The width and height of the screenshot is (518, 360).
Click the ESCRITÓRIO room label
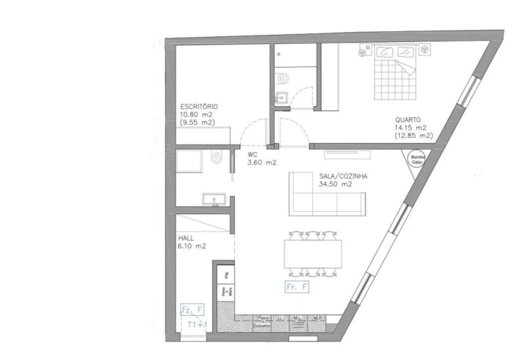(x=199, y=107)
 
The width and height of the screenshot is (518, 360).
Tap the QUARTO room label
(x=408, y=120)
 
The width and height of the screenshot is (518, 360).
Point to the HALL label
(x=185, y=238)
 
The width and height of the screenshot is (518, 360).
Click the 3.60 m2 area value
(x=262, y=162)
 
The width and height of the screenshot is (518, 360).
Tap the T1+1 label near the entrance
(x=196, y=324)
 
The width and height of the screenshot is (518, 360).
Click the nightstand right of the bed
(x=427, y=50)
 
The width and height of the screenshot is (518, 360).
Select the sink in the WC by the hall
(x=213, y=198)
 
